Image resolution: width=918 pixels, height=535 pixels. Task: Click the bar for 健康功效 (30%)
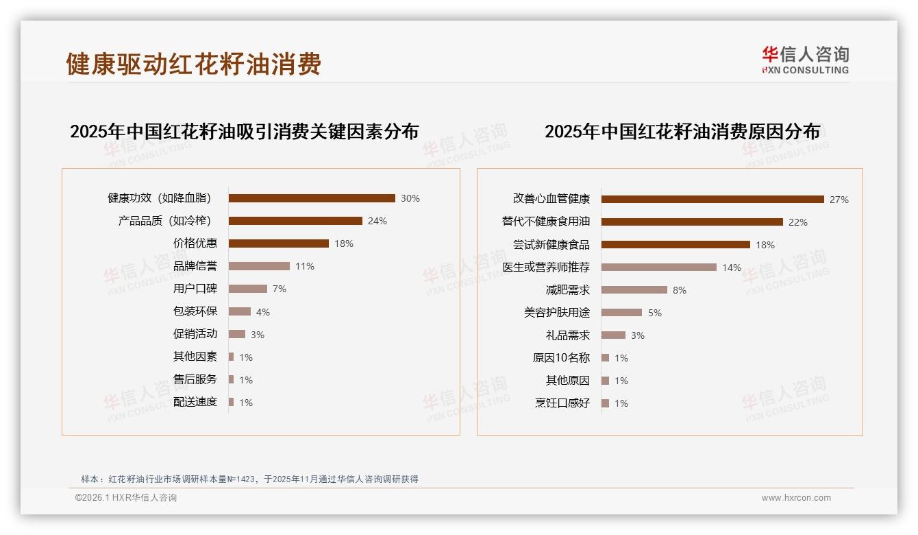312,198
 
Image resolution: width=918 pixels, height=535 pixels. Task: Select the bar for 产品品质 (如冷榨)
295,221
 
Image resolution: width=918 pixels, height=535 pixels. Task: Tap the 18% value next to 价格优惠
344,243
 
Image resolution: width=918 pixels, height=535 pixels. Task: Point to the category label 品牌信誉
195,266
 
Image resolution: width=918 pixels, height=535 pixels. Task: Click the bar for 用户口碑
248,289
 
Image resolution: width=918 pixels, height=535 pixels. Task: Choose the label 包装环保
195,311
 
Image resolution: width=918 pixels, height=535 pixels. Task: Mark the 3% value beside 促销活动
258,335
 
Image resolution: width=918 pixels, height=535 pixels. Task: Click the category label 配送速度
195,402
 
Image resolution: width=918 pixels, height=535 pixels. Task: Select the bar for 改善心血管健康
712,200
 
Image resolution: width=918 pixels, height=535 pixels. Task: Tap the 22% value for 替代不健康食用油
798,222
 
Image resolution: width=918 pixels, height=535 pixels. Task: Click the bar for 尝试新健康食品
675,245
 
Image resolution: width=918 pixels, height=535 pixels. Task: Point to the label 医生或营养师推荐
546,267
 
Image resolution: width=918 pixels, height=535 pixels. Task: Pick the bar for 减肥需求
634,290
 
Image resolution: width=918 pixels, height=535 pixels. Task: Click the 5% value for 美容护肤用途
655,313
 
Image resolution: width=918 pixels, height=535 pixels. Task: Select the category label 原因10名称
561,358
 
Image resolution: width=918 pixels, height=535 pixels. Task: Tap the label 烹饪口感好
562,403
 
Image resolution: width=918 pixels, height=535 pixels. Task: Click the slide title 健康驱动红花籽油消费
194,64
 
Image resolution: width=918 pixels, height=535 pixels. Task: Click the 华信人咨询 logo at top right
805,60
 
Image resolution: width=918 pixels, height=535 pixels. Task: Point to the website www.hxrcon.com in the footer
796,498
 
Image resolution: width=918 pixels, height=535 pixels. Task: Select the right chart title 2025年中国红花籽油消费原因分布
682,132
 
